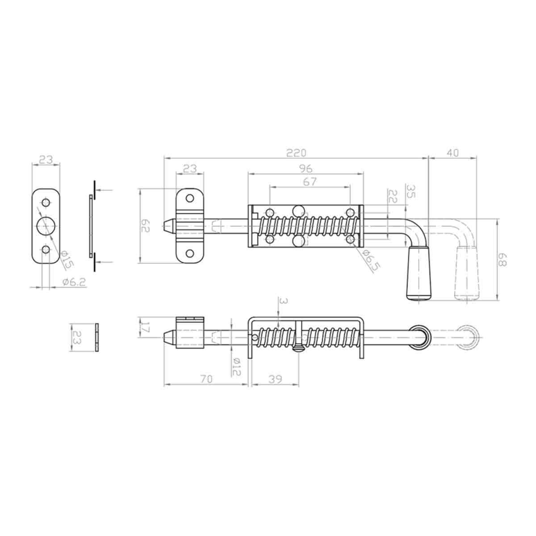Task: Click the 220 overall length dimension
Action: (x=296, y=153)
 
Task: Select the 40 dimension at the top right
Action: (x=452, y=153)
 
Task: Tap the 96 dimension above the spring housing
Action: (x=306, y=168)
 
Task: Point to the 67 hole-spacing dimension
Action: (x=310, y=181)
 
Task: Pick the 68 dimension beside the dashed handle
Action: (x=503, y=260)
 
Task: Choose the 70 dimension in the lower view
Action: (x=206, y=379)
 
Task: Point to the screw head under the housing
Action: (x=298, y=349)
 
